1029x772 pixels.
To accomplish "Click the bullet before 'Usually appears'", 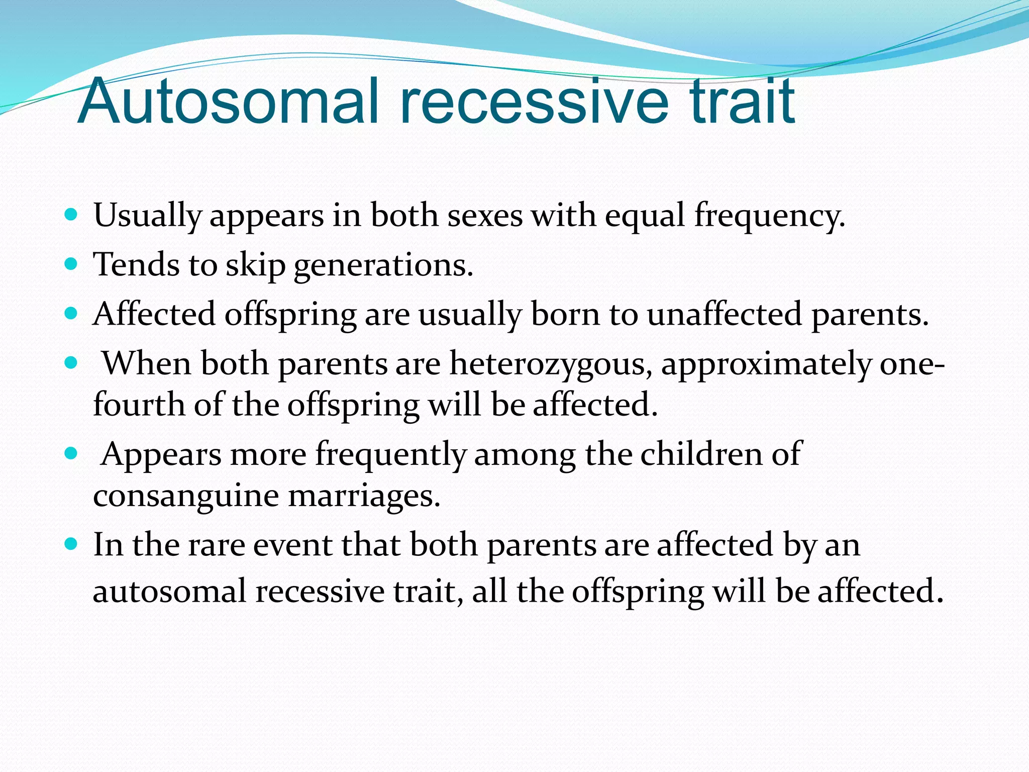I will tap(71, 215).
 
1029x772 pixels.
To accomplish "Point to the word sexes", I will tap(485, 216).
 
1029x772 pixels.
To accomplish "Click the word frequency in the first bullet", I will tap(769, 216).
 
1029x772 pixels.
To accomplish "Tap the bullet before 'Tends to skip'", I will tap(71, 264).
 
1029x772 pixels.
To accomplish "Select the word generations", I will tap(383, 265).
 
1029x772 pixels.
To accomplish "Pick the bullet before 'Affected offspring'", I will tap(71, 314).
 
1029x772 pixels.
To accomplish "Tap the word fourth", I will tap(139, 405).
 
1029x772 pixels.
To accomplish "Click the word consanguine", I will tap(186, 497).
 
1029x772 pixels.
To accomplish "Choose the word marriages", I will tap(364, 497).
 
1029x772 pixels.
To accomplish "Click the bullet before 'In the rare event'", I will tap(71, 544).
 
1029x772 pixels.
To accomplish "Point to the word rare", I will tap(216, 545).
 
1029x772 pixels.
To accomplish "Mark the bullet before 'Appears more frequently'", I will tap(71, 454).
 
